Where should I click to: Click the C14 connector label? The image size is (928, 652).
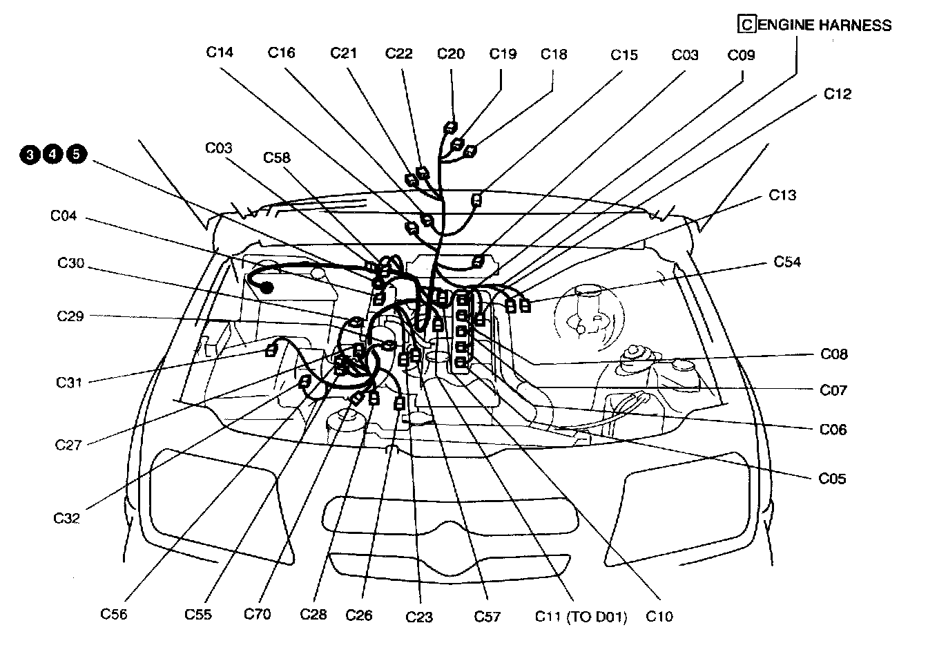click(x=220, y=52)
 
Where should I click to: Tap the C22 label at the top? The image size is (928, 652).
click(x=398, y=53)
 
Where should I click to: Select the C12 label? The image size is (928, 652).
click(x=838, y=94)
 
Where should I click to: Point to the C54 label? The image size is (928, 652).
click(x=787, y=262)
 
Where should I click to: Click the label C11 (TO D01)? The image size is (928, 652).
click(x=581, y=617)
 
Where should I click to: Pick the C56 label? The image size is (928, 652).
click(x=113, y=614)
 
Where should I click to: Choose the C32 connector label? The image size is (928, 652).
click(x=66, y=518)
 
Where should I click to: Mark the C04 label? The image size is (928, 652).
click(x=64, y=215)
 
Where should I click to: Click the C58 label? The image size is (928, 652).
click(x=277, y=157)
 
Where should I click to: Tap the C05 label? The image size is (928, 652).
click(x=832, y=479)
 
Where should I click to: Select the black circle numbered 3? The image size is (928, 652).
click(x=30, y=155)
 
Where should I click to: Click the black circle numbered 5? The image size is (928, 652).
click(x=77, y=154)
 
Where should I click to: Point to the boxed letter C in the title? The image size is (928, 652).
click(x=747, y=24)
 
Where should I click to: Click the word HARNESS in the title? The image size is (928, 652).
click(x=855, y=26)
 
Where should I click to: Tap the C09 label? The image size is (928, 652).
click(x=741, y=55)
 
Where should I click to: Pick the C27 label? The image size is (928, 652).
click(x=68, y=445)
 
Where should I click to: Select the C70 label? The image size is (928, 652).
click(x=257, y=614)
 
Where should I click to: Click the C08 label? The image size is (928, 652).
click(x=834, y=354)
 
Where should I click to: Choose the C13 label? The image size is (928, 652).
click(x=782, y=195)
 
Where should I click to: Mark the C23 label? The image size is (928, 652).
click(x=419, y=617)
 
